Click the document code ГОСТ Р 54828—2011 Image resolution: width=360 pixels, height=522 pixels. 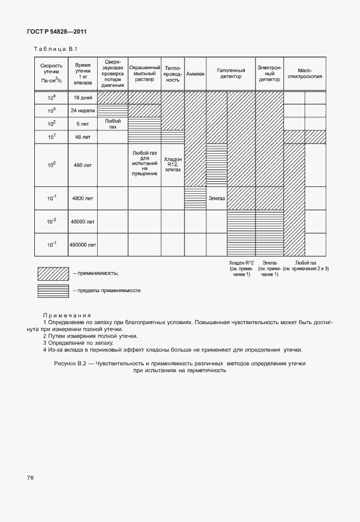point(57,33)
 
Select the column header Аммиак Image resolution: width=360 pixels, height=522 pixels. point(195,75)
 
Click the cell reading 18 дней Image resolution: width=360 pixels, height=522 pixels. point(83,98)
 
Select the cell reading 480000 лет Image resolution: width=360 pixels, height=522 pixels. point(83,245)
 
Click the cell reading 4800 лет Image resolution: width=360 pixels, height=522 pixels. point(83,198)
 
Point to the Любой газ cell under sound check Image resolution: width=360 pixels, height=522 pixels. point(113,124)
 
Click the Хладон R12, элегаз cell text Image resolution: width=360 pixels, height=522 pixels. point(173,165)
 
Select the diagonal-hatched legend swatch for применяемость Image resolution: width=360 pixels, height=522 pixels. point(53,273)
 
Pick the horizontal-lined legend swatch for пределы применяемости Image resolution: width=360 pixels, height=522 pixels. point(53,290)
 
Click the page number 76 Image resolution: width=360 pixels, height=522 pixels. point(30,477)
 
